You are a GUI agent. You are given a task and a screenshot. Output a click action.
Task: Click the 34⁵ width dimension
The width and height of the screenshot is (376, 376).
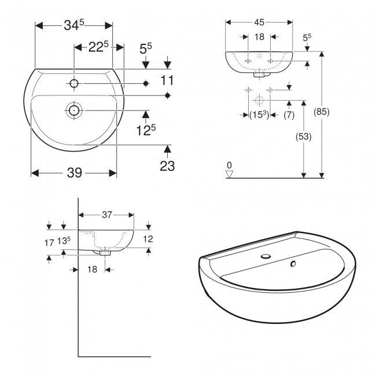[x=73, y=25]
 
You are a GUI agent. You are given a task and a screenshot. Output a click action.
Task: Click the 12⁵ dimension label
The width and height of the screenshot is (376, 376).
[x=146, y=130]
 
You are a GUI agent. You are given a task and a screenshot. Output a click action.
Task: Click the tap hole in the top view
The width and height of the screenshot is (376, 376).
[x=74, y=84]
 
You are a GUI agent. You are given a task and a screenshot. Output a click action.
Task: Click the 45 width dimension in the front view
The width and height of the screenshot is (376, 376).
[x=258, y=23]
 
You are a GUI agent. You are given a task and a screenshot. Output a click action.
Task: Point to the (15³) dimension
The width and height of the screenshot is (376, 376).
[x=259, y=115]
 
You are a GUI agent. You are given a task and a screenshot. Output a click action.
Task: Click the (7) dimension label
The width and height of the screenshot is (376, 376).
[x=289, y=115]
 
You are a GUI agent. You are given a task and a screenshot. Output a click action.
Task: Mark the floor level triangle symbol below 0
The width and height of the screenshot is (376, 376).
[x=230, y=173]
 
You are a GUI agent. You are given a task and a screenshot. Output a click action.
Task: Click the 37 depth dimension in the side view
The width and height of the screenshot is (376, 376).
[x=106, y=215]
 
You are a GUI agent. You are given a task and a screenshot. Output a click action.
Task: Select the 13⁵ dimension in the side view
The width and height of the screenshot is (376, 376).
[x=64, y=240]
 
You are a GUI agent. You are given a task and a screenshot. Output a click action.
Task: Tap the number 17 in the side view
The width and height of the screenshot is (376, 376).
[x=49, y=243]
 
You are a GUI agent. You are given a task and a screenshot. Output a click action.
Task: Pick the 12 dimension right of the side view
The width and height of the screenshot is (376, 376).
[x=148, y=238]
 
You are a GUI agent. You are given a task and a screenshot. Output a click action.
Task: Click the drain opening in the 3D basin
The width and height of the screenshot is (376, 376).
[x=266, y=256]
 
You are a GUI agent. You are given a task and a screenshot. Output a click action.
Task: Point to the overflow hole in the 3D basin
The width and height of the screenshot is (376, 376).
[x=293, y=264]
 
